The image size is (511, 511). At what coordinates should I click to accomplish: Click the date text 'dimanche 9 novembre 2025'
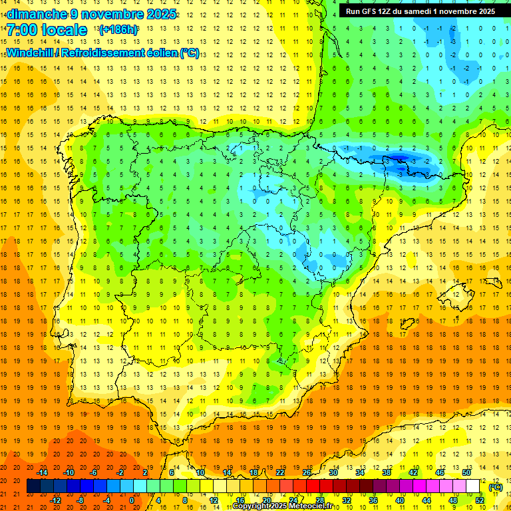coord(92,14)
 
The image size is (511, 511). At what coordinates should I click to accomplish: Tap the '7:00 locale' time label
coord(47,30)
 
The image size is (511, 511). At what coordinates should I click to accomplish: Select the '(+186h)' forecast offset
coord(118,30)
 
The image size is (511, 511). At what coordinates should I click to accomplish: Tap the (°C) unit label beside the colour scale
coord(495,487)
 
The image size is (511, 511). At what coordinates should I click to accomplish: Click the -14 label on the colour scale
coord(43,472)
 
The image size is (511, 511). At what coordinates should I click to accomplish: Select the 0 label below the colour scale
coord(132,500)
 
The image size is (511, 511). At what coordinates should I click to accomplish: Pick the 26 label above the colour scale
coord(307,472)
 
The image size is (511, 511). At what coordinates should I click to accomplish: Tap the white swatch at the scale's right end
coord(473,486)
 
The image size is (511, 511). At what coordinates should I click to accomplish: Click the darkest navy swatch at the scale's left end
coord(33,486)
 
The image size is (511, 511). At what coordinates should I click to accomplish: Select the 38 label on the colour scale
coord(386,472)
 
